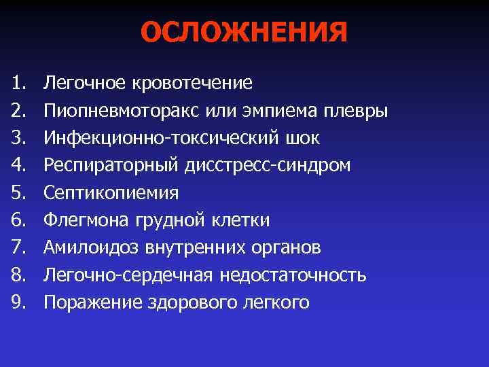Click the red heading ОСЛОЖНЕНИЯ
244,33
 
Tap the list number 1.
18,84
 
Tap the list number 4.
18,166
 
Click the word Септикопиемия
111,193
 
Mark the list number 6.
18,220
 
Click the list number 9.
18,302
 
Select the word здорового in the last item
193,302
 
